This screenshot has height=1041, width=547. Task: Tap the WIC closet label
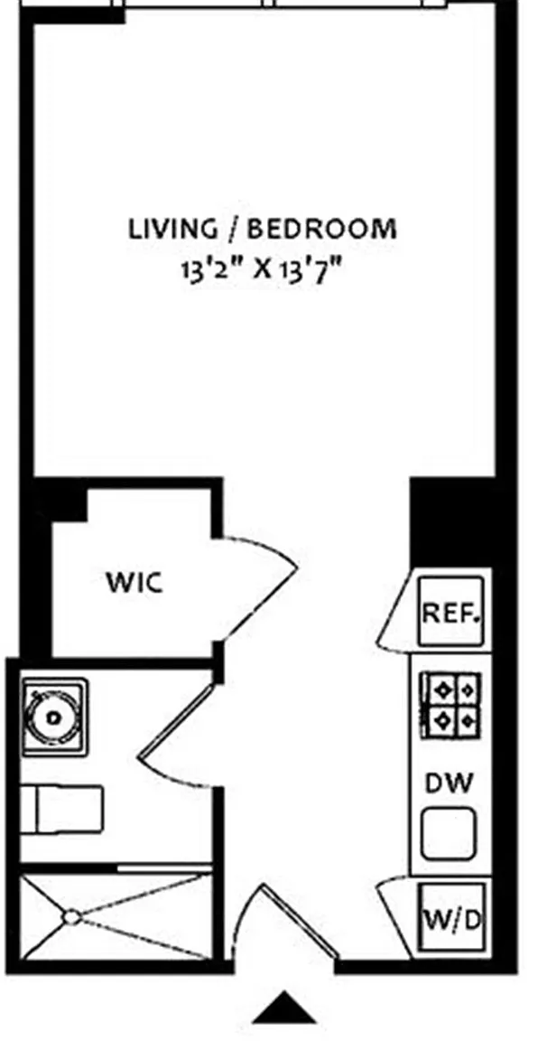pyautogui.click(x=135, y=582)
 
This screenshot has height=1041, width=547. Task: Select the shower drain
pyautogui.click(x=70, y=917)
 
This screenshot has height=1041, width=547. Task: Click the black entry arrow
pyautogui.click(x=283, y=1007)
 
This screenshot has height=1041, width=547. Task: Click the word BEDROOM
pyautogui.click(x=320, y=228)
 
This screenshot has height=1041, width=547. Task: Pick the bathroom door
pyautogui.click(x=176, y=732)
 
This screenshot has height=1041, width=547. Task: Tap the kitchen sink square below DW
pyautogui.click(x=450, y=830)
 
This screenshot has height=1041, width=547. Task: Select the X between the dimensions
pyautogui.click(x=263, y=269)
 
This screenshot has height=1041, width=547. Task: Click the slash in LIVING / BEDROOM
pyautogui.click(x=233, y=228)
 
